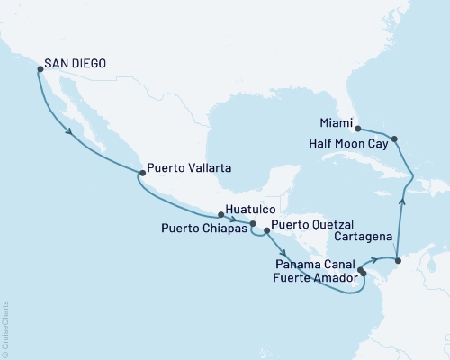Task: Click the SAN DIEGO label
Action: click(76, 65)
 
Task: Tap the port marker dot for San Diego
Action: click(37, 67)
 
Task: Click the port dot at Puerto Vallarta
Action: click(139, 173)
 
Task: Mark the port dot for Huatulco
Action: click(220, 214)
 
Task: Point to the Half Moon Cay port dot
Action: click(397, 139)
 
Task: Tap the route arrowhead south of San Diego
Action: click(69, 134)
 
